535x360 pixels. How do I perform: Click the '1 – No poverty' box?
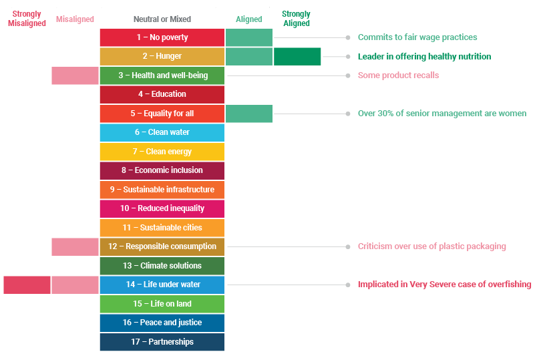(x=162, y=37)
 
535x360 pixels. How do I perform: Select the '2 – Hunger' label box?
(x=162, y=56)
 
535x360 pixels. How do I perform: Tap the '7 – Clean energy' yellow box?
(x=162, y=152)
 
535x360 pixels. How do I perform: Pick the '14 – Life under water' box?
(x=162, y=285)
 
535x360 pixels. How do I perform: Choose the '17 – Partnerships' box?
(x=162, y=342)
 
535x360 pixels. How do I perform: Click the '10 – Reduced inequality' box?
(x=162, y=208)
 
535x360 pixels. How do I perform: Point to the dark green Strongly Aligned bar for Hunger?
(x=297, y=56)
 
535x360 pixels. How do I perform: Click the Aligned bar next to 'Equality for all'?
(x=249, y=114)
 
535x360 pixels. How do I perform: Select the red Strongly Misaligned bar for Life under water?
(x=27, y=285)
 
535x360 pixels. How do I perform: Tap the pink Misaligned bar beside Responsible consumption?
(x=75, y=246)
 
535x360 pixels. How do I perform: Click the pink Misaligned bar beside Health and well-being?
(x=75, y=75)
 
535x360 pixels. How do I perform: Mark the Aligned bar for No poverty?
(x=249, y=37)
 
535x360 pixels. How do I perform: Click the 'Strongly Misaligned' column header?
(x=27, y=19)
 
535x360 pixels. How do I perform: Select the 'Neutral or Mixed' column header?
(x=162, y=19)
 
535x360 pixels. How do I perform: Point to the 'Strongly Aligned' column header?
(x=296, y=19)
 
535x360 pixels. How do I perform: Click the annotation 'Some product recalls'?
(x=398, y=75)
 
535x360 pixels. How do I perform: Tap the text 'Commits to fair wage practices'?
(x=417, y=37)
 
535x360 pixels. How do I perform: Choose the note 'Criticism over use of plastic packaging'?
(x=431, y=246)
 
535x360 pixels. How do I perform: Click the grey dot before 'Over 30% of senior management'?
(x=348, y=114)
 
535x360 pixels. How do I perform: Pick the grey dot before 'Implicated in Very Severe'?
(x=348, y=285)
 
